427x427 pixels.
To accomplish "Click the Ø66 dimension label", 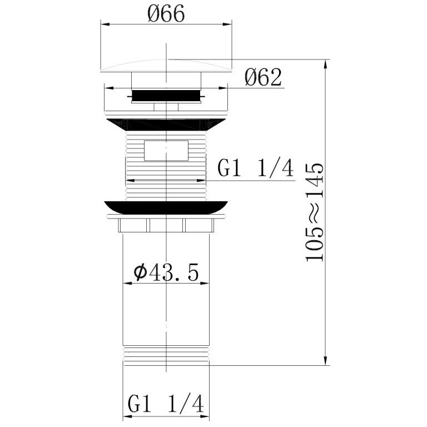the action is point(166,13).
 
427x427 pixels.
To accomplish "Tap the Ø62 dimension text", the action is point(263,77).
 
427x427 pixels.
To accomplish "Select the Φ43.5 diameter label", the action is point(166,272).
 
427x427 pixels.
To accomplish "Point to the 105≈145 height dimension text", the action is point(315,212).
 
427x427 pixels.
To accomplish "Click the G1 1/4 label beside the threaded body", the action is point(256,168).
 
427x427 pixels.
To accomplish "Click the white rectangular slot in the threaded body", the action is point(166,151).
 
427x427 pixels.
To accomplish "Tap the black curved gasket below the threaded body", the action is point(166,207).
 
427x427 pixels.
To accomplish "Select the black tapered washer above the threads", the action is point(166,125).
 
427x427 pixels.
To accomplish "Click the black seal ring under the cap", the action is point(166,95).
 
